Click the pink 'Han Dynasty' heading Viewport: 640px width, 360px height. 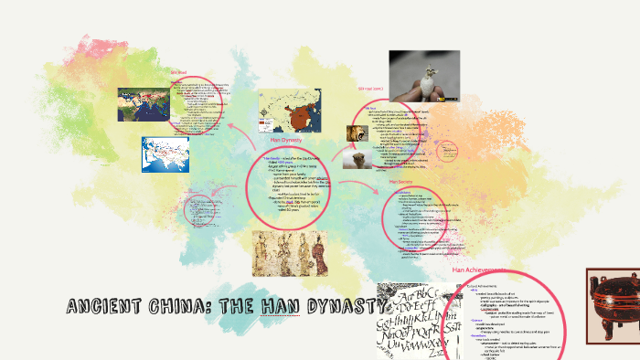tap(286, 140)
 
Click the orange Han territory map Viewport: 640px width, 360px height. tap(284, 111)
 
